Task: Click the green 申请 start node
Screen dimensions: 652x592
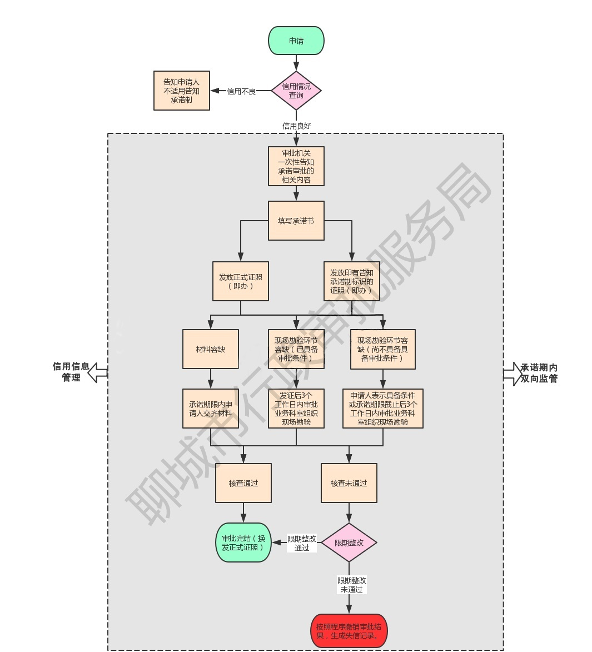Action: coord(296,41)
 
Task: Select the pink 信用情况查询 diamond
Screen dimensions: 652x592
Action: coord(296,91)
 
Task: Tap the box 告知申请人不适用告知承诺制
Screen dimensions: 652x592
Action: coord(181,91)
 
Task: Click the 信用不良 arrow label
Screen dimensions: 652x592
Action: coord(241,92)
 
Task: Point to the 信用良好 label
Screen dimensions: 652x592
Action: coord(297,126)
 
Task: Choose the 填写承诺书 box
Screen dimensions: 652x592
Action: coord(296,221)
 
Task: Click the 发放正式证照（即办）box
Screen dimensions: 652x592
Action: coord(240,281)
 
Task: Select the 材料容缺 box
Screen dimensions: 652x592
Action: coord(210,349)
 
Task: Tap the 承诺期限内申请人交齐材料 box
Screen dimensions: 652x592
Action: coord(210,409)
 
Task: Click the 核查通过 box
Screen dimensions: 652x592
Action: coord(243,483)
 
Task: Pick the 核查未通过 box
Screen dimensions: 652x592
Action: coord(349,483)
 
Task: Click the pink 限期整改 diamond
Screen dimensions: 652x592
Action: coord(349,542)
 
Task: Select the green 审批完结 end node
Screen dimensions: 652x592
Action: coord(243,542)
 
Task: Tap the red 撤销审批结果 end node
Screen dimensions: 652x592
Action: coord(349,631)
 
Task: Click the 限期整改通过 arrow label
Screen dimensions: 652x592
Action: coord(302,543)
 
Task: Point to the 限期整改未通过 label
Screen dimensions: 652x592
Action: coord(352,585)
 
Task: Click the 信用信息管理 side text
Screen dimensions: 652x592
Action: coord(71,372)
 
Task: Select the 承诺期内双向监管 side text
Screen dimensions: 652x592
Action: coord(539,373)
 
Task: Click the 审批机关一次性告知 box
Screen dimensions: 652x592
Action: coord(296,166)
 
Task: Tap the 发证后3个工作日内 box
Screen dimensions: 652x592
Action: coord(296,409)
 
